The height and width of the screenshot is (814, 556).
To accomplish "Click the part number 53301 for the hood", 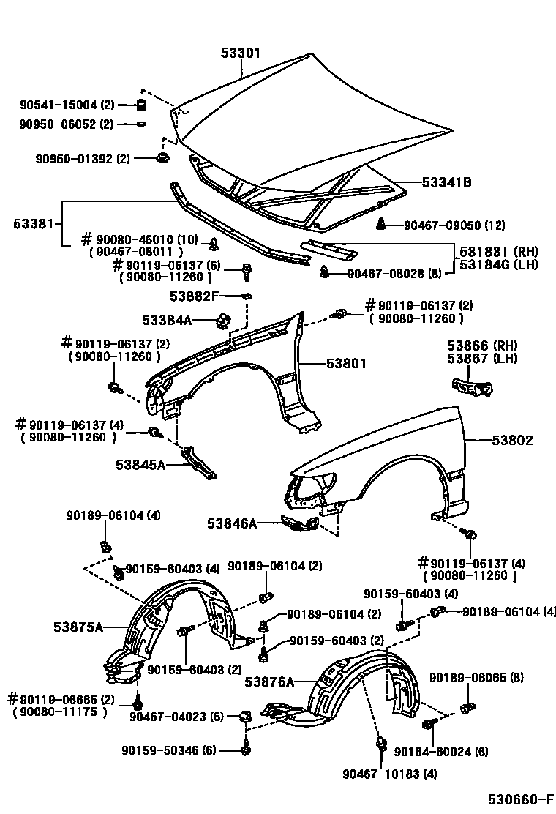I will [241, 53].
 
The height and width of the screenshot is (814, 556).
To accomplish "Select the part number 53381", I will [33, 223].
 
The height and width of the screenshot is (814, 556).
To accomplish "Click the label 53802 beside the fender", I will [512, 441].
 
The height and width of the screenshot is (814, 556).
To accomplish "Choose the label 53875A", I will [78, 627].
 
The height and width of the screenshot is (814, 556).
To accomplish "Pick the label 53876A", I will [268, 682].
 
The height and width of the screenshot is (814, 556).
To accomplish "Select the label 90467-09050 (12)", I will [454, 225].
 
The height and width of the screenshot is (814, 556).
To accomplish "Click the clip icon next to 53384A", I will [223, 320].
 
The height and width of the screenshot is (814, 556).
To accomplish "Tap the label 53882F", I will [194, 296].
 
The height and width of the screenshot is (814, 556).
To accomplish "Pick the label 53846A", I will [232, 523].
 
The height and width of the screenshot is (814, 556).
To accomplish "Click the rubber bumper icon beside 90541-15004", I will [143, 105].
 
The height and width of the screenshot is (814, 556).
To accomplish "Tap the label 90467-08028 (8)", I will [394, 274].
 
